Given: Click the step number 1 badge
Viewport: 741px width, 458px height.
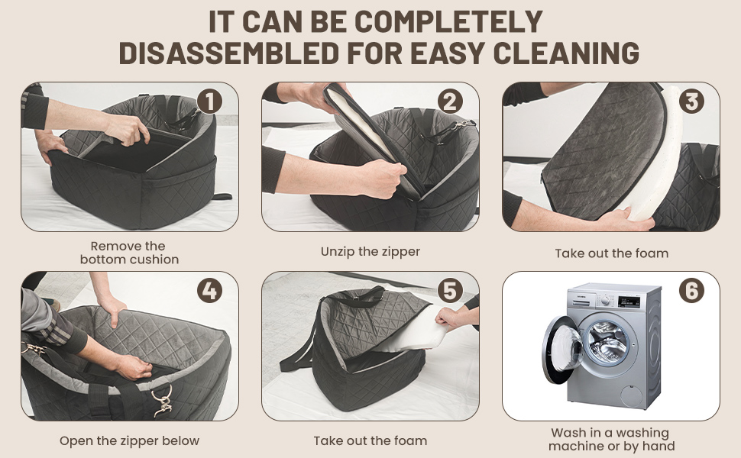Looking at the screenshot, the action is coord(209,101).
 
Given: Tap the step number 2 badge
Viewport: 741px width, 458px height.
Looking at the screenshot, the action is coord(450,101).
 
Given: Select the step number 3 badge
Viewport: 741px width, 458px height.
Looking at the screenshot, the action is coord(691,101).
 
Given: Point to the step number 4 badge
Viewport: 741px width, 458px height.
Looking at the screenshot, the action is coord(209,290).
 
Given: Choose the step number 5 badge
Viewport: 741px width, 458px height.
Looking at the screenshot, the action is coord(450,290).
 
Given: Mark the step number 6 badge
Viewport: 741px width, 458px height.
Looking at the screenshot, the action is coord(691,290).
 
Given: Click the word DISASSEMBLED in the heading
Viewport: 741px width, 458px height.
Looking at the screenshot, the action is coord(228,53).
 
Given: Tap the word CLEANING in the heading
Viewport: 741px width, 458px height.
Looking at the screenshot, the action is coord(566,53).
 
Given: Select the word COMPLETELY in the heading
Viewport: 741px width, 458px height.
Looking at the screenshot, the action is coord(449,21).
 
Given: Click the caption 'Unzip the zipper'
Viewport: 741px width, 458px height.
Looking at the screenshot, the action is coord(370,252).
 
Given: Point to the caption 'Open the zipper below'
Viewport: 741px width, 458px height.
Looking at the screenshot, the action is coord(130,441).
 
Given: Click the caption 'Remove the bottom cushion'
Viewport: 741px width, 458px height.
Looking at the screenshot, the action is coord(130,253).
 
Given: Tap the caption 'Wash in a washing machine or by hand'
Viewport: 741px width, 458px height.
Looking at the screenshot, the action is coord(611,439).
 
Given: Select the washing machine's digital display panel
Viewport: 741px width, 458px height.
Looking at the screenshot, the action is coord(629,302).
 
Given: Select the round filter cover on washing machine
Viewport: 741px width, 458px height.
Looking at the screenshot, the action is coord(632,395).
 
